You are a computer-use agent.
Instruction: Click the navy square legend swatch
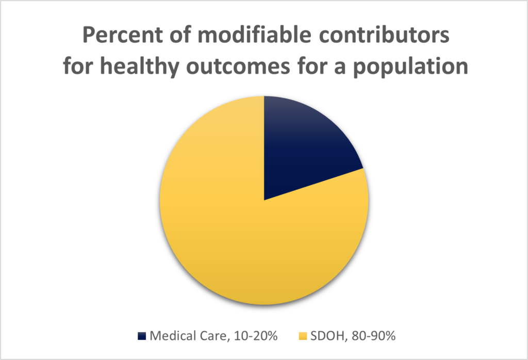142,336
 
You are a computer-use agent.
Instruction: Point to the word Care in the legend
208,336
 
